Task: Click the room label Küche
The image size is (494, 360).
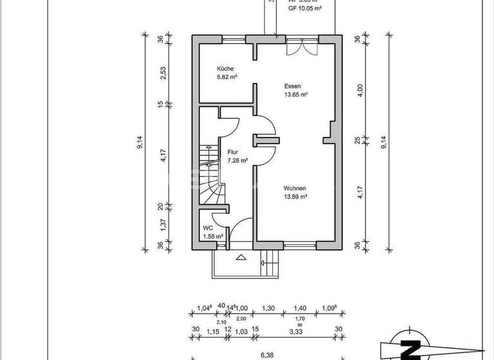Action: [x=224, y=69]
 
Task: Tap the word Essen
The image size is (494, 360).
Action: [x=293, y=85]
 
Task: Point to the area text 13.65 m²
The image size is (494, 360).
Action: [x=296, y=94]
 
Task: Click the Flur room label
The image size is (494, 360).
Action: [x=232, y=152]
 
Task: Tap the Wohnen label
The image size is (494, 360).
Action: [x=295, y=188]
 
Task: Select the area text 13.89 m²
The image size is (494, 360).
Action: [x=296, y=197]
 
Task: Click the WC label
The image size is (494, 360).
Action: [x=207, y=228]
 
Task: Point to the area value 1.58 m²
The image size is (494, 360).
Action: [x=213, y=237]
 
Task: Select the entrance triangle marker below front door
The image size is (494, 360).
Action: [x=241, y=258]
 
